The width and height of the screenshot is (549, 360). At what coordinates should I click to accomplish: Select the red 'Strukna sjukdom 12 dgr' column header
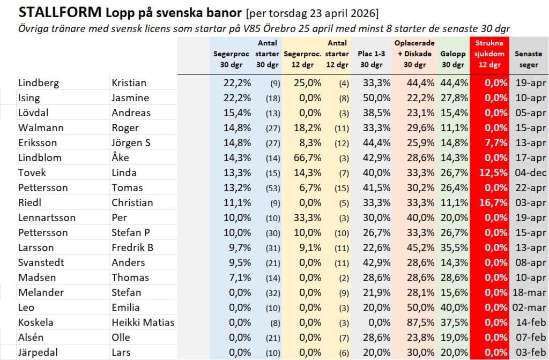[x=489, y=54]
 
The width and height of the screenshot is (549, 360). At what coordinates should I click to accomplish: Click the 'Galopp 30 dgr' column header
[x=452, y=59]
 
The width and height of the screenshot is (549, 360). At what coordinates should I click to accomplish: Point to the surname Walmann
[x=40, y=127]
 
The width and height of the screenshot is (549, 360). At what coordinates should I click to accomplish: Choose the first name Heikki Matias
[x=143, y=322]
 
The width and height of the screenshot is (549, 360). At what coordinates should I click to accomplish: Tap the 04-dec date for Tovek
[x=528, y=172]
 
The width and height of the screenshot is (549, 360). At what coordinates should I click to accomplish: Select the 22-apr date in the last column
[x=528, y=187]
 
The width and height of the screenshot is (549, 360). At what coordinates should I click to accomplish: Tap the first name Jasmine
[x=130, y=97]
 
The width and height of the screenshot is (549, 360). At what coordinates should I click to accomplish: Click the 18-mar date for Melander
[x=528, y=292]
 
